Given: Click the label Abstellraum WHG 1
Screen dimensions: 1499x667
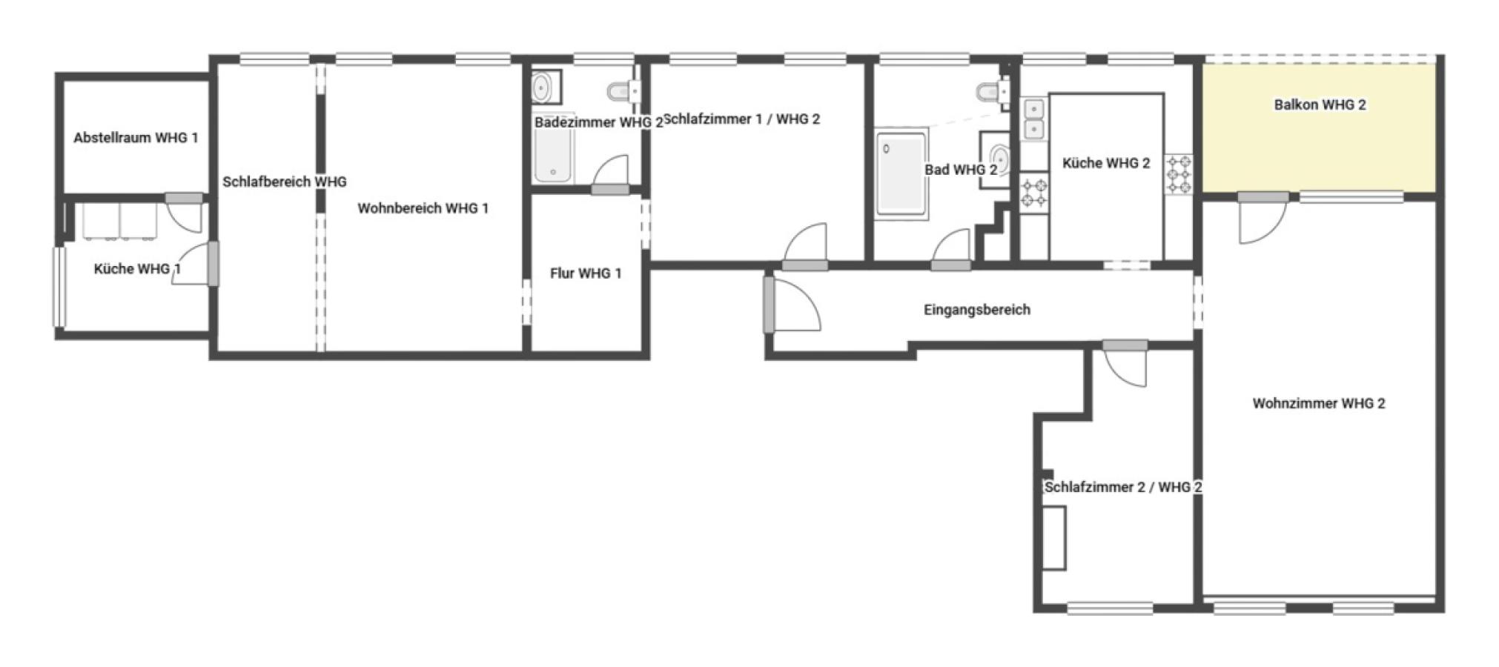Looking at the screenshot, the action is (x=136, y=138).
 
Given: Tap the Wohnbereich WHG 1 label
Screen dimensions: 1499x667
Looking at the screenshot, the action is (x=423, y=208).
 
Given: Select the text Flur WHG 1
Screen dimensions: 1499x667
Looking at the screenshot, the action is (x=586, y=273).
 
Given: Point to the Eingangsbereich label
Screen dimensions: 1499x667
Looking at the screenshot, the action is (x=976, y=310).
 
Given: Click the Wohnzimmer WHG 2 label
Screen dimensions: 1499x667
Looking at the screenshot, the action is (x=1318, y=403).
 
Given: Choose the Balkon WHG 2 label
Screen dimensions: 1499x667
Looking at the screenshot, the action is (x=1320, y=104).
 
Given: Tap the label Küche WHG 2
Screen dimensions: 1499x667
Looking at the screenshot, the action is (x=1105, y=163).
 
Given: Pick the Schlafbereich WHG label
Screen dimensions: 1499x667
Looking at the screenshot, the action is (x=285, y=182).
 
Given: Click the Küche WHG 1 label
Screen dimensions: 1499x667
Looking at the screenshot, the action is (x=137, y=269).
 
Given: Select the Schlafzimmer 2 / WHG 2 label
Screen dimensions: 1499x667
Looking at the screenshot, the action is (x=1122, y=487).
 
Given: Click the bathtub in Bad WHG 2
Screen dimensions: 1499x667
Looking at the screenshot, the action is (x=901, y=173).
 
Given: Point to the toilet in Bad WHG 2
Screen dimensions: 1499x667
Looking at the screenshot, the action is (x=993, y=93).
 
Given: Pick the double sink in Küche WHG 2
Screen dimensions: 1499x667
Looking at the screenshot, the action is (x=1033, y=119).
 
